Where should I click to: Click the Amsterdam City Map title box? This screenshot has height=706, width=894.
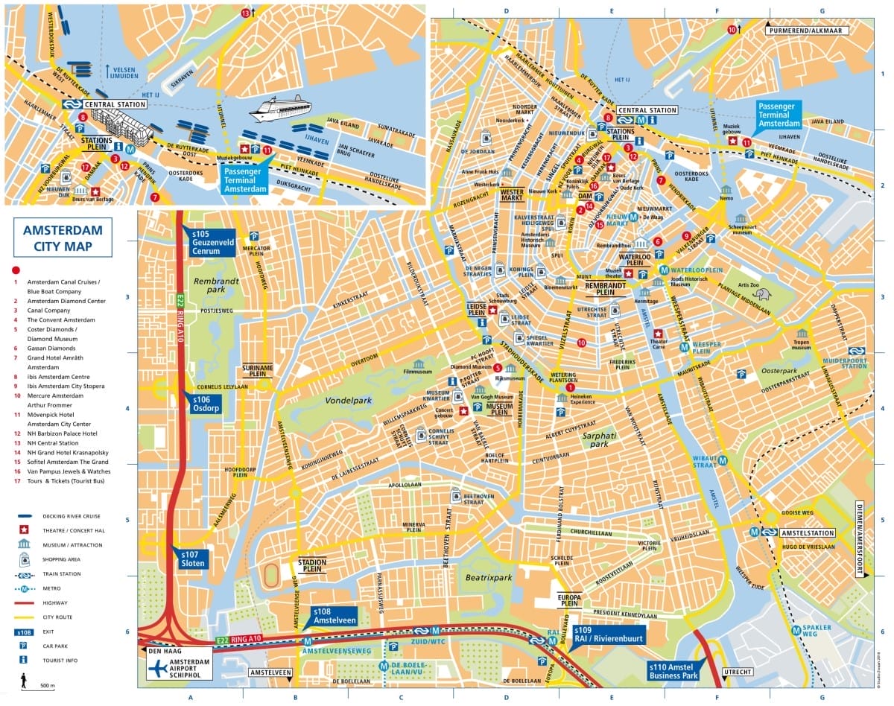coord(63,237)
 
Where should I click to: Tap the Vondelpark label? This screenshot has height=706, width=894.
coord(347,400)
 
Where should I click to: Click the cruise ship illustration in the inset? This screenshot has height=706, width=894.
coord(280,109)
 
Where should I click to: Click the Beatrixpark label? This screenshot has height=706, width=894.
coord(489,577)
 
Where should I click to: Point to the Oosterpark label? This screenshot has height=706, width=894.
coord(779,370)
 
